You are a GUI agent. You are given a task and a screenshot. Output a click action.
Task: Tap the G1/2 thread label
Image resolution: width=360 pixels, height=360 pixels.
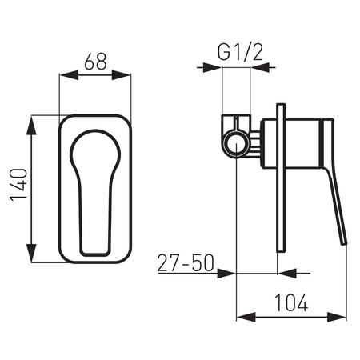(x=236, y=54)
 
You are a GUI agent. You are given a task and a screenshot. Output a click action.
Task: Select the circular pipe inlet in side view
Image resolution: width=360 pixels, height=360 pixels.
(x=234, y=143)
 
